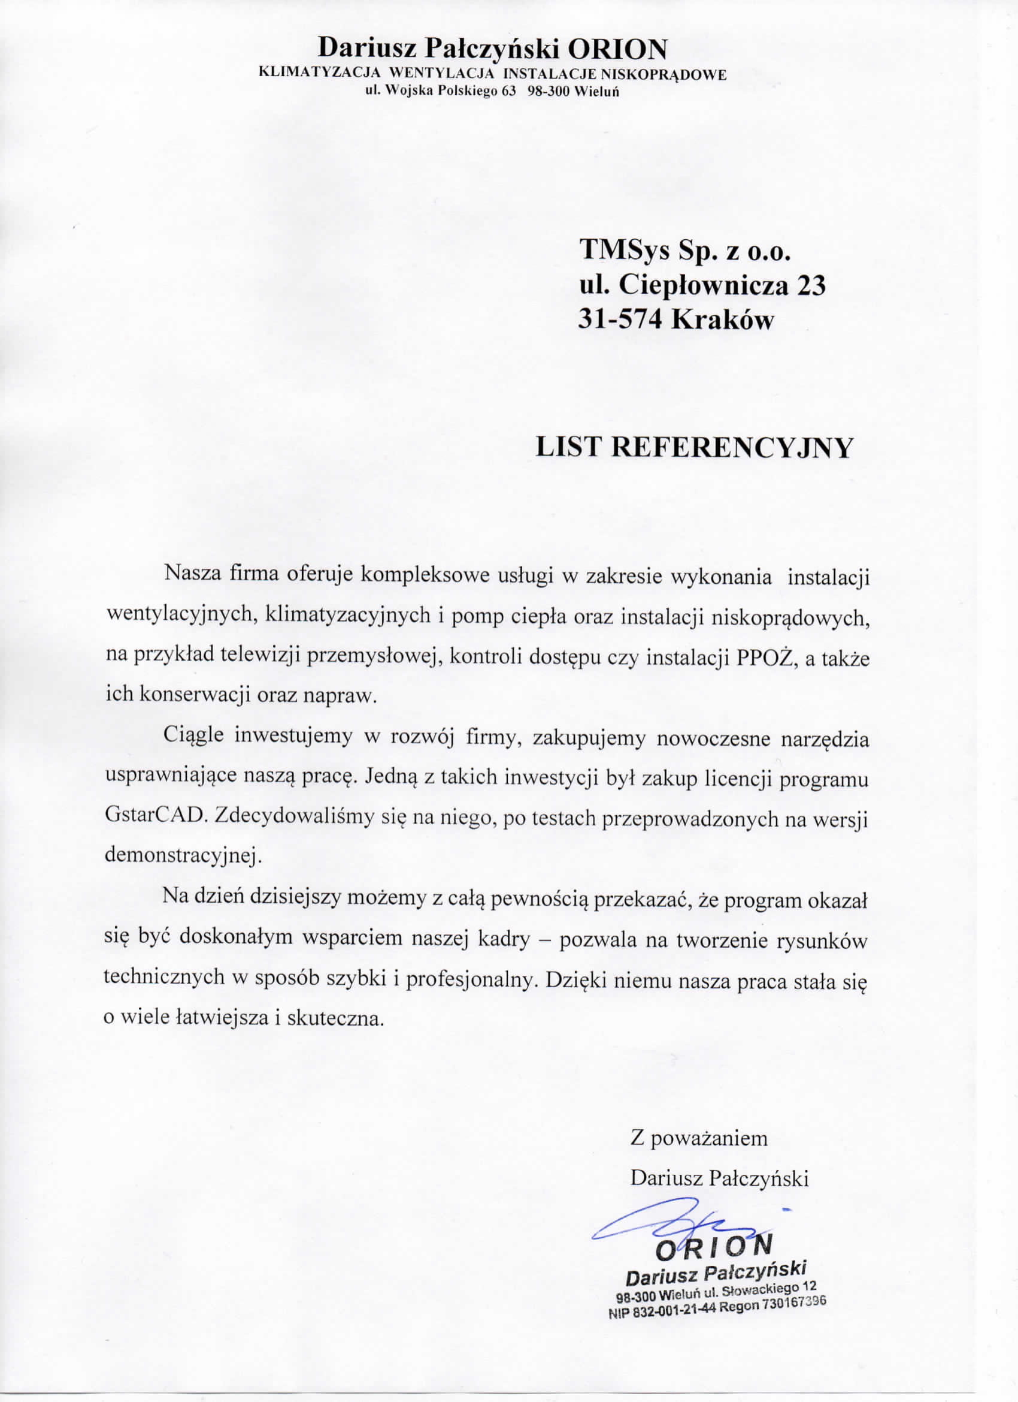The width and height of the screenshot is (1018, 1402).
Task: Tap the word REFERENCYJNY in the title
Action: [731, 448]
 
